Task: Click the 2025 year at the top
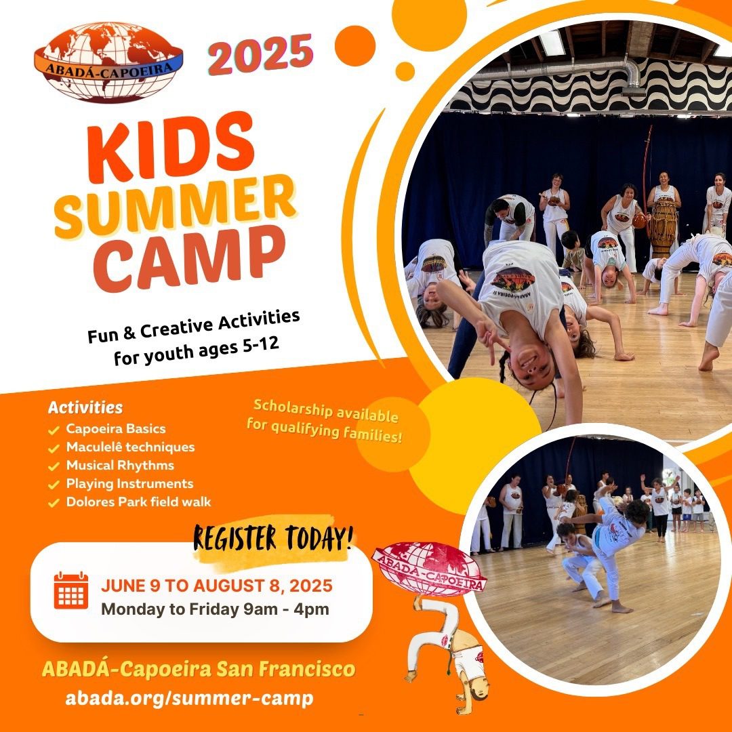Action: coord(260,54)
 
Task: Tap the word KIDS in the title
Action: coord(171,147)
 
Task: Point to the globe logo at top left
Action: coord(108,62)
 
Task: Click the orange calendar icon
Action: coord(71,590)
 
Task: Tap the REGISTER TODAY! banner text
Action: coord(273,538)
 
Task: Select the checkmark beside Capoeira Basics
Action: coord(54,430)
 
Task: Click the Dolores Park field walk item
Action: coord(139,502)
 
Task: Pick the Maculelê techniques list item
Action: coord(130,447)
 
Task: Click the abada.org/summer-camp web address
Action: coord(189,698)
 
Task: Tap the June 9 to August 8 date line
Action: coord(217,586)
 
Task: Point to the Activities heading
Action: coord(85,407)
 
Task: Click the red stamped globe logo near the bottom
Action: coord(428,569)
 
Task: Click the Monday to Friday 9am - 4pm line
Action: coord(215,609)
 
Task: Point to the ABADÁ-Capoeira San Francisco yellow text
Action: coord(199,669)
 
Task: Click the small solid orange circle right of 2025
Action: coord(354,46)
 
